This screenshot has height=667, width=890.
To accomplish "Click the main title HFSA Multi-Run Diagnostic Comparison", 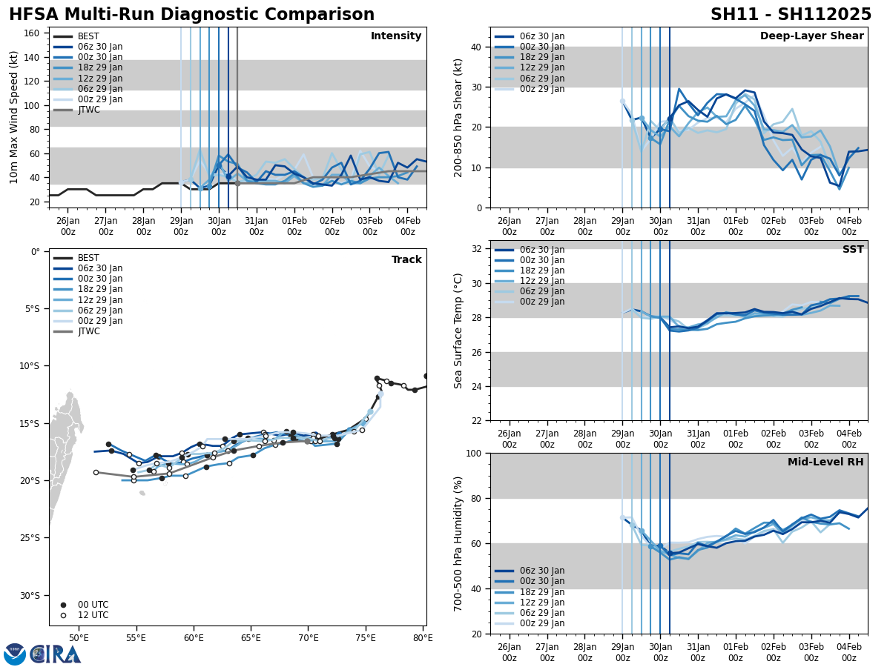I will pyautogui.click(x=191, y=15).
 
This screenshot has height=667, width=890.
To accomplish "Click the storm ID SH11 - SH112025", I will pyautogui.click(x=791, y=15).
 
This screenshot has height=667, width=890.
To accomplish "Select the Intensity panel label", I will pyautogui.click(x=396, y=36).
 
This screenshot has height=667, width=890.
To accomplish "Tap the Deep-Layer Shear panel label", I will pyautogui.click(x=811, y=36).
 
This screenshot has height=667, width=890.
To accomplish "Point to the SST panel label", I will pyautogui.click(x=852, y=250).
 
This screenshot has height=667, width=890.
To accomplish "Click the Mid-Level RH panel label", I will pyautogui.click(x=825, y=462).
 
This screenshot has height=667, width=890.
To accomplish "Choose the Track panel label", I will pyautogui.click(x=406, y=260).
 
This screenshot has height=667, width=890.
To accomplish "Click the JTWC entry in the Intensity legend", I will pyautogui.click(x=88, y=110).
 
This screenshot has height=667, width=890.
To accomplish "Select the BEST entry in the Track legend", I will pyautogui.click(x=88, y=258).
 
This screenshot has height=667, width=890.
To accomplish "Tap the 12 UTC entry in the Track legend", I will pyautogui.click(x=93, y=615).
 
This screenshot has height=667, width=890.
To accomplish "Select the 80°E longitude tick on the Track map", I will pyautogui.click(x=423, y=637).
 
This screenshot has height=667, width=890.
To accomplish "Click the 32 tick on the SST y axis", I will pyautogui.click(x=478, y=249).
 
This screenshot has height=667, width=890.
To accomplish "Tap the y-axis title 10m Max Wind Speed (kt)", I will pyautogui.click(x=14, y=117).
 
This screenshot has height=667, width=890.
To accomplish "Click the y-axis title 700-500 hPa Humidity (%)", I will pyautogui.click(x=459, y=543).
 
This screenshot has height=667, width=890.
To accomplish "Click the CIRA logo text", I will pyautogui.click(x=56, y=654).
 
